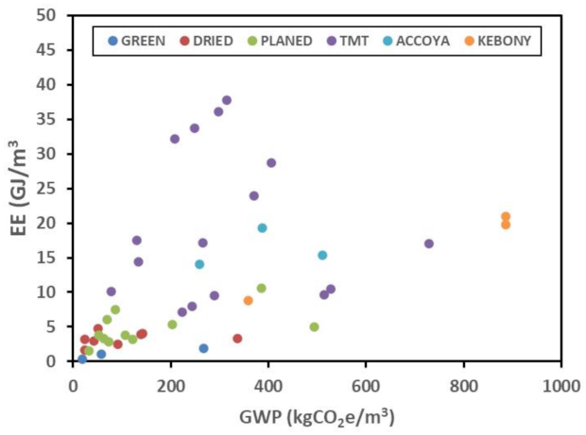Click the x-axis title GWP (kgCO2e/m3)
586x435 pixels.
pos(317,413)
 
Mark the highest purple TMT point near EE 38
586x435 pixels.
pos(227,100)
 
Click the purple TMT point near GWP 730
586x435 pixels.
pos(429,243)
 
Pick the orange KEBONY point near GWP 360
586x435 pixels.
pos(249,300)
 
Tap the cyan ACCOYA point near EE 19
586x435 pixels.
pos(263,227)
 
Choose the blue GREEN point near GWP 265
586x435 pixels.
pos(203,348)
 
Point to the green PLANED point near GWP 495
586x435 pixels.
pos(314,326)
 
